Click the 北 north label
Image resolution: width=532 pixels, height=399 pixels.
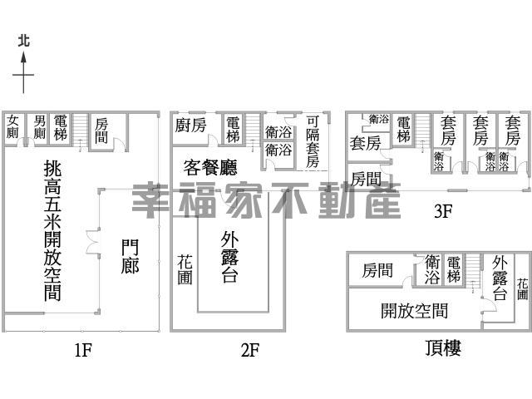(23, 42)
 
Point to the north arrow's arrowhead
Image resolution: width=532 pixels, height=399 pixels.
(23, 57)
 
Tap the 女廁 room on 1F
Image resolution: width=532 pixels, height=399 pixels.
(12, 126)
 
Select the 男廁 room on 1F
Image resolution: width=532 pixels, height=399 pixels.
(39, 127)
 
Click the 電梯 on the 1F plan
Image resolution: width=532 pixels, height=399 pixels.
(61, 127)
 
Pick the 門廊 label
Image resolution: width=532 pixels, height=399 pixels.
(130, 257)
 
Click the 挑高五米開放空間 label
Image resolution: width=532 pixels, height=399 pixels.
(52, 231)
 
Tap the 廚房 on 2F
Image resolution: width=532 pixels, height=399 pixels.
(190, 126)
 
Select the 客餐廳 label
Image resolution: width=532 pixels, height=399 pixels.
(210, 167)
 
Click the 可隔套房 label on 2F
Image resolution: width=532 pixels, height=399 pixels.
(313, 141)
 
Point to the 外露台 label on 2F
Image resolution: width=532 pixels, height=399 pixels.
(229, 257)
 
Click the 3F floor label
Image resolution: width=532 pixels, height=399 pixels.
(443, 211)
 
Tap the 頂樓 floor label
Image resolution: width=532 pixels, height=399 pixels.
(443, 348)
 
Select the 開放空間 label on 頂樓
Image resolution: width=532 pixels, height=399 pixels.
(414, 310)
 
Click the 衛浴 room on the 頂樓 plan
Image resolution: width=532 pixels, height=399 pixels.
(432, 269)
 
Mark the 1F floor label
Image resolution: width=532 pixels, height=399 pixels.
(83, 350)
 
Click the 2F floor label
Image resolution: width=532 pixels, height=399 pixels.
(250, 350)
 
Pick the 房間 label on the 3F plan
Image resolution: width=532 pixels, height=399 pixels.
(366, 179)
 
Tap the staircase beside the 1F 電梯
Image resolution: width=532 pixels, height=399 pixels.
(80, 131)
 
